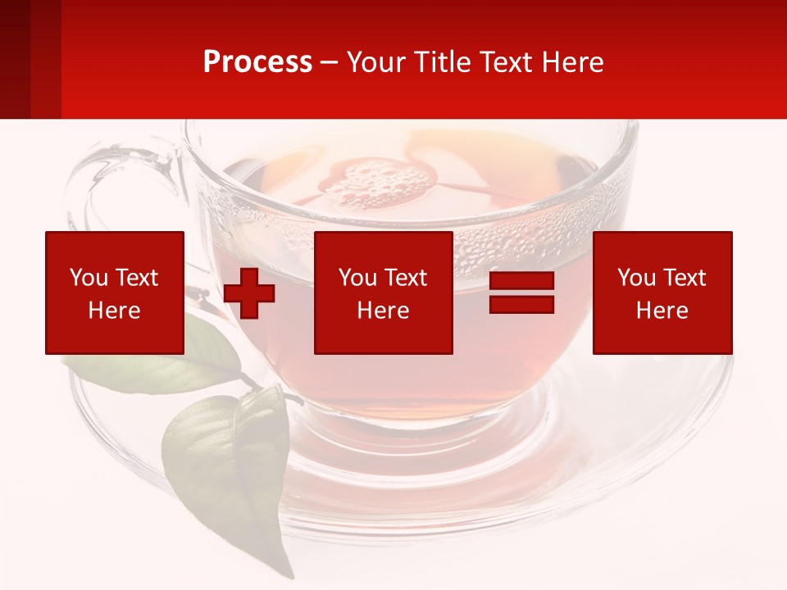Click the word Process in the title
pyautogui.click(x=257, y=62)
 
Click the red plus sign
pyautogui.click(x=249, y=293)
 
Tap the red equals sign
pyautogui.click(x=521, y=293)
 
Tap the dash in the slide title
pyautogui.click(x=330, y=63)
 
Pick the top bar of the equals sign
pyautogui.click(x=521, y=281)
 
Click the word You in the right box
pyautogui.click(x=636, y=278)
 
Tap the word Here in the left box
pyautogui.click(x=115, y=311)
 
